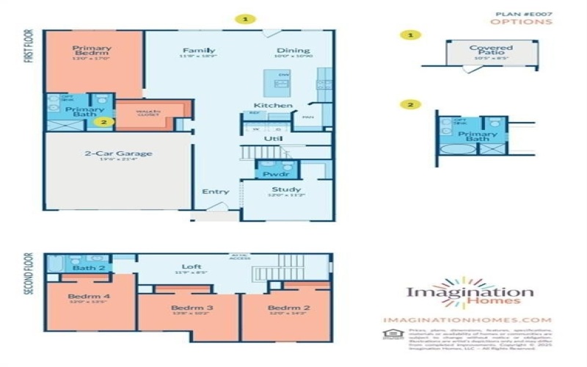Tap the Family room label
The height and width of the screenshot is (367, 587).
(198, 51)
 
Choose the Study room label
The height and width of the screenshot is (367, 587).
(285, 190)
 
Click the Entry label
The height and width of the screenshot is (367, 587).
(216, 192)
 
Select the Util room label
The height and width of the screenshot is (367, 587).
(273, 138)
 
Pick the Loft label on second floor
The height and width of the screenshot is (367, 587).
(192, 266)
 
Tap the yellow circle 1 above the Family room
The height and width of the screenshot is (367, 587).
(246, 18)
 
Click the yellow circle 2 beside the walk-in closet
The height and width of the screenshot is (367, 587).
(105, 123)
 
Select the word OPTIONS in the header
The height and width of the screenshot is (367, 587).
(531, 22)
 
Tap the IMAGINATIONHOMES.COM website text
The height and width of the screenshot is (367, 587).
(467, 320)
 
